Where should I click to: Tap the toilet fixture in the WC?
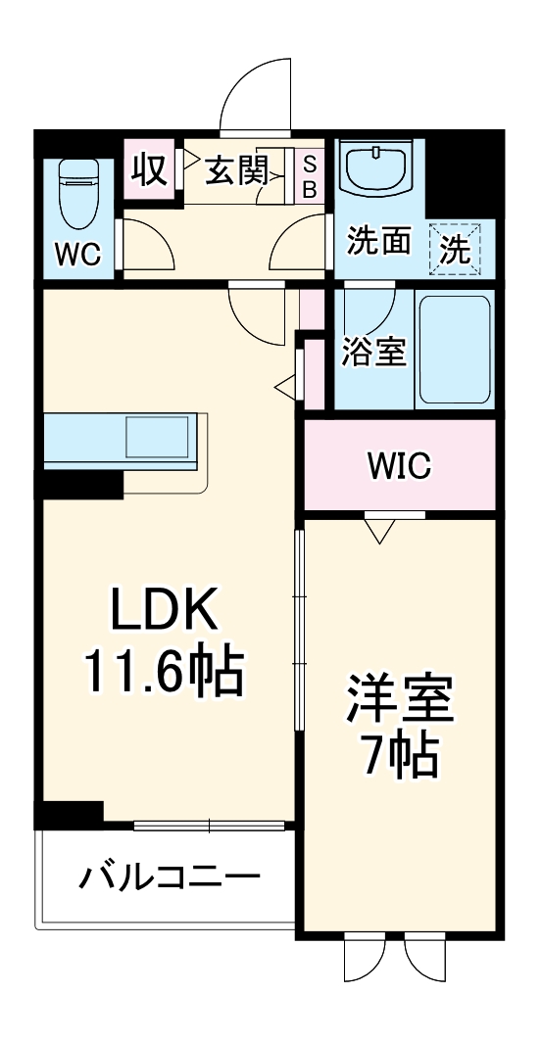tap(77, 190)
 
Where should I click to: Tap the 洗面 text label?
tap(379, 241)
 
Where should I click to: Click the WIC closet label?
tap(399, 466)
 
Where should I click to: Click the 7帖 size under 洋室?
tap(398, 754)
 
